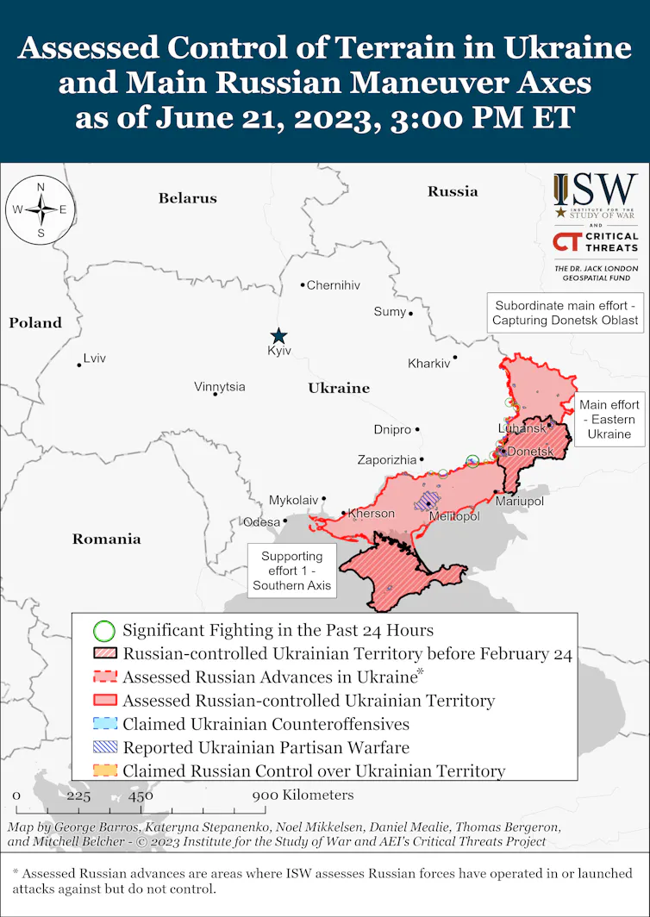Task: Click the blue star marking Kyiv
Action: [278, 336]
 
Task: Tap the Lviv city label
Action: [94, 358]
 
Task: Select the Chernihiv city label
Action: [334, 285]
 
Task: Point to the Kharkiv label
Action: [428, 364]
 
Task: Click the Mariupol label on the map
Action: [519, 501]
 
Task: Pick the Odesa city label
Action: [261, 521]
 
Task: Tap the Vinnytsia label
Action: [219, 387]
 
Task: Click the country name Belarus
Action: [187, 198]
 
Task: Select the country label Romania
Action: [106, 540]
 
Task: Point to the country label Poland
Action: [35, 323]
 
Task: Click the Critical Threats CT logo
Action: [595, 242]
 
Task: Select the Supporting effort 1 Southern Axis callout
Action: [291, 571]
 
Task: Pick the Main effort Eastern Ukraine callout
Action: [609, 420]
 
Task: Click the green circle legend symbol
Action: [103, 631]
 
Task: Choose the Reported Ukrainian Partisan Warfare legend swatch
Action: [103, 747]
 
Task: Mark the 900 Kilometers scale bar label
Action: [303, 795]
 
